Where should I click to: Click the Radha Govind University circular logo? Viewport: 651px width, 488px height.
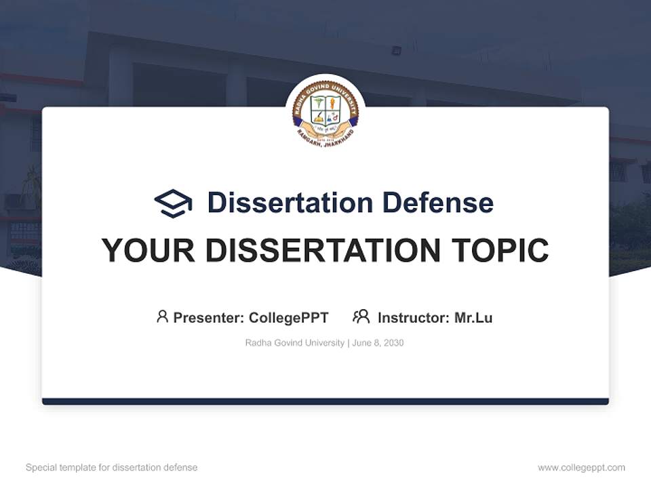[x=325, y=113]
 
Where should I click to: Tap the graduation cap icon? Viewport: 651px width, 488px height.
[x=173, y=203]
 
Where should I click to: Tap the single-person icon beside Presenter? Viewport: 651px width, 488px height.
[x=162, y=317]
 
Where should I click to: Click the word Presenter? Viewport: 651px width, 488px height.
[x=209, y=318]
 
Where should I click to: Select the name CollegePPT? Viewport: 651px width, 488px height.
[x=289, y=318]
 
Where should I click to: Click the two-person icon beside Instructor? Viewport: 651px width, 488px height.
[x=361, y=317]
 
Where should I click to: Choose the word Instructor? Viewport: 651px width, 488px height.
[x=414, y=318]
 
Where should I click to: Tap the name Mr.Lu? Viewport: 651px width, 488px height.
[x=473, y=318]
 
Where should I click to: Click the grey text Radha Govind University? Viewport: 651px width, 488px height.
[x=294, y=343]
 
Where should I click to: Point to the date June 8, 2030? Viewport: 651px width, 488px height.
[x=378, y=343]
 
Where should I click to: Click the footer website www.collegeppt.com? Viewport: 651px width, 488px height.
[x=581, y=468]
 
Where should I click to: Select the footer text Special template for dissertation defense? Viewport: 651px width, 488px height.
[x=112, y=468]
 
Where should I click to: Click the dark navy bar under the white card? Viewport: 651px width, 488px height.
[x=325, y=401]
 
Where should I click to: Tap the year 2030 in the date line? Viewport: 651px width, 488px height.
[x=393, y=343]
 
